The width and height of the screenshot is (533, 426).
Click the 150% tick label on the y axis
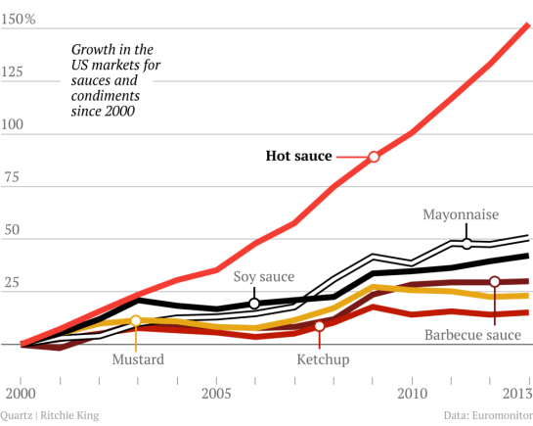click(x=18, y=21)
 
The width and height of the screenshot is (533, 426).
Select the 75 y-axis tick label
click(x=11, y=179)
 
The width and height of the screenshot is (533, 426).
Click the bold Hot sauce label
click(x=299, y=156)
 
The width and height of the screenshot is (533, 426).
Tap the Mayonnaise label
click(x=461, y=214)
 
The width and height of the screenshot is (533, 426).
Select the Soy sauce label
click(x=263, y=277)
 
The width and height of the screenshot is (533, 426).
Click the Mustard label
click(x=137, y=359)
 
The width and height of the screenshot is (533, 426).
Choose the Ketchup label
click(x=322, y=359)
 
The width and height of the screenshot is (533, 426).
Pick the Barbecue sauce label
click(x=472, y=336)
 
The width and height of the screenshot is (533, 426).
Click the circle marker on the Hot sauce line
click(x=373, y=157)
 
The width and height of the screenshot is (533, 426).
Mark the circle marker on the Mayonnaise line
click(x=466, y=243)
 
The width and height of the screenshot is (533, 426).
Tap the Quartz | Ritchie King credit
click(x=50, y=415)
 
